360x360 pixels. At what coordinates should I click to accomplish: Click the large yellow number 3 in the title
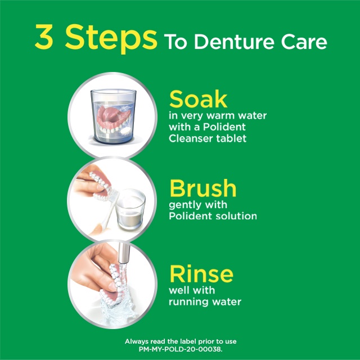click(x=44, y=37)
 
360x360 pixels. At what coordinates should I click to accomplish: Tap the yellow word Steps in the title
click(x=111, y=39)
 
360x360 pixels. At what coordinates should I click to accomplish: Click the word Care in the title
click(x=304, y=42)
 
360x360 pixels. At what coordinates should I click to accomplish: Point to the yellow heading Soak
click(x=199, y=99)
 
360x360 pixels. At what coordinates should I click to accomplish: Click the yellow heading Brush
click(x=203, y=188)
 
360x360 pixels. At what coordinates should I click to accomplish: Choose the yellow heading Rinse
click(x=201, y=274)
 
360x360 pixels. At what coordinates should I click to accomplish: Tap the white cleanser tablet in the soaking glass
click(x=125, y=130)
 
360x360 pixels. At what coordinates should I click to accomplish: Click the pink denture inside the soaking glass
click(x=114, y=120)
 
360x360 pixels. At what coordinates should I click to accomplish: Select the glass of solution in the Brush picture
click(x=130, y=209)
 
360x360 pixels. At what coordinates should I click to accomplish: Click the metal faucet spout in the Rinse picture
click(x=124, y=253)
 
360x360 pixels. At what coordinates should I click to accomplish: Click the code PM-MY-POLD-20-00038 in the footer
click(x=180, y=349)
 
